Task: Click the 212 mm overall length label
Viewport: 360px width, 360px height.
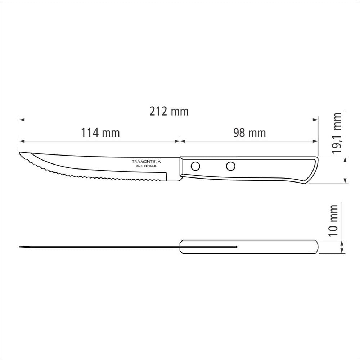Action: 169,111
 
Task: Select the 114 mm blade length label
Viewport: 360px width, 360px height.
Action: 100,133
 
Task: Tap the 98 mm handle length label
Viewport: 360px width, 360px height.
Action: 249,133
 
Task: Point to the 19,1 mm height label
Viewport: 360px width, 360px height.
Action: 337,133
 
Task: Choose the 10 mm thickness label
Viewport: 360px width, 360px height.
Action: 333,221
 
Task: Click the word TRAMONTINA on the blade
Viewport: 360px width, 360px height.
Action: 146,161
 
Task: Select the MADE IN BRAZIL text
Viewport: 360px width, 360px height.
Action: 146,166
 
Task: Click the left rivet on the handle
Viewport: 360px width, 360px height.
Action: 195,166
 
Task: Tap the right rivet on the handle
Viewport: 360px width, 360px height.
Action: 230,166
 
